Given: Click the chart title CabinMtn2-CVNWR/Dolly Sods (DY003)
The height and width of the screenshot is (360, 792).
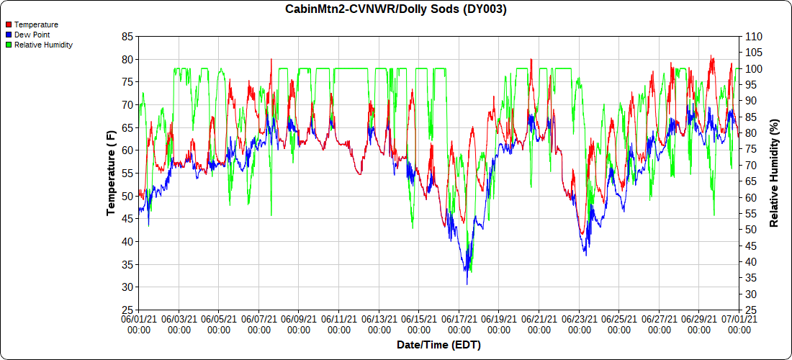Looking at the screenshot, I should pyautogui.click(x=396, y=9).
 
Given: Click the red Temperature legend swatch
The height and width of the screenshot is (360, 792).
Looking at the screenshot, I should pyautogui.click(x=8, y=24).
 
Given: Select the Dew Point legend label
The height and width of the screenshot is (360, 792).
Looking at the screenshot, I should pyautogui.click(x=32, y=35).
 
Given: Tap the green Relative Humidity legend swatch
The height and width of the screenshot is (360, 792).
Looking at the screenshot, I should pyautogui.click(x=8, y=45).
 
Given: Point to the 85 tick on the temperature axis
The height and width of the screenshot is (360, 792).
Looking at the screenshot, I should pyautogui.click(x=127, y=36).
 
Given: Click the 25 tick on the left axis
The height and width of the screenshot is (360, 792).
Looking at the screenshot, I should pyautogui.click(x=127, y=310).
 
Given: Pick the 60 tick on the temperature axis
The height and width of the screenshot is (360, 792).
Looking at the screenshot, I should pyautogui.click(x=127, y=150).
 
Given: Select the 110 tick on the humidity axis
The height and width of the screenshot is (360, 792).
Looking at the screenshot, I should pyautogui.click(x=754, y=36).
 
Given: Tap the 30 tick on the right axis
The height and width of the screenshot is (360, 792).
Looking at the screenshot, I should pyautogui.click(x=751, y=294).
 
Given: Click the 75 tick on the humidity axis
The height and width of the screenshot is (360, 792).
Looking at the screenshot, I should pyautogui.click(x=751, y=149).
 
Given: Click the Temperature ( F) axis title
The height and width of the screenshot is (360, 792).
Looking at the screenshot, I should pyautogui.click(x=111, y=173).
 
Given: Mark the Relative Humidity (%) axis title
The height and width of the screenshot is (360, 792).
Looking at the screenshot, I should pyautogui.click(x=775, y=173).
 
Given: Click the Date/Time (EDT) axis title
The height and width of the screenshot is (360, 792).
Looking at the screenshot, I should pyautogui.click(x=438, y=345).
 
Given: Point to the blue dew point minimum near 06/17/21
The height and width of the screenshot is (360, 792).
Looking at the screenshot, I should pyautogui.click(x=467, y=284).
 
